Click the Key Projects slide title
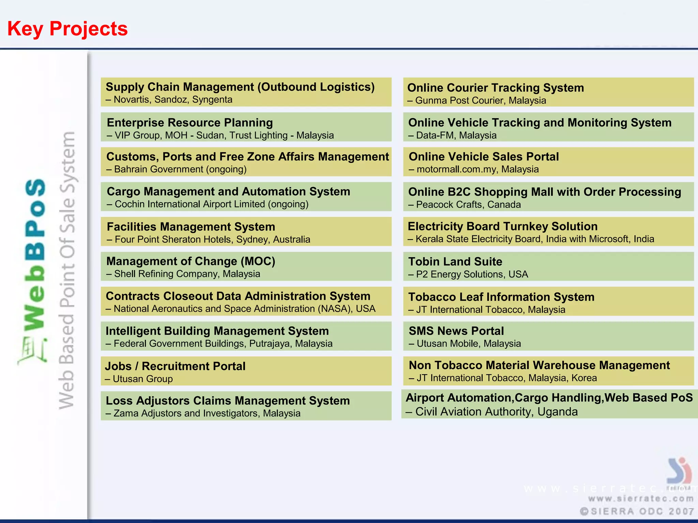(x=67, y=29)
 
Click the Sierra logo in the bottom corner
(x=679, y=472)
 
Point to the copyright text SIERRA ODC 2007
(x=637, y=511)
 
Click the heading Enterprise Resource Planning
(x=189, y=123)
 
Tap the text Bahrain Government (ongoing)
(x=180, y=169)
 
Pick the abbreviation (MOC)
(x=258, y=261)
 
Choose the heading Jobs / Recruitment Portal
(x=175, y=366)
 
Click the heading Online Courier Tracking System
(x=496, y=88)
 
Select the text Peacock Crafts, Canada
(x=468, y=205)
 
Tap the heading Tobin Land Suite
(x=455, y=261)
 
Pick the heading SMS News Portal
(x=456, y=331)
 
